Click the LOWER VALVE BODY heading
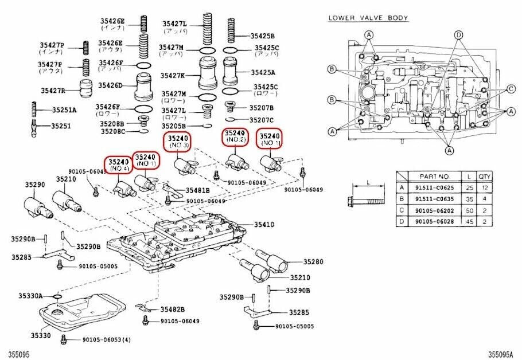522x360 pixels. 368,18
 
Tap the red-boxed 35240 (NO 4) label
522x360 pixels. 118,165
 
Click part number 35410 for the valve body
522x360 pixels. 264,225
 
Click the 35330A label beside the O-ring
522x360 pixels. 30,296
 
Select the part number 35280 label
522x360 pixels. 313,262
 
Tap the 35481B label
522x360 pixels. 197,190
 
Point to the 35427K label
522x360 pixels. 172,75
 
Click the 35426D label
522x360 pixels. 110,85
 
